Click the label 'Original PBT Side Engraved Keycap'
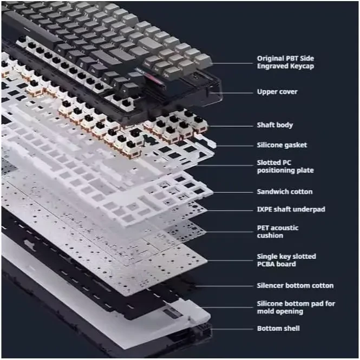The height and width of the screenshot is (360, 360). [285, 62]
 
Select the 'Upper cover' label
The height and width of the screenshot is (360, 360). [277, 91]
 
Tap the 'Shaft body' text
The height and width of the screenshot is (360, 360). [274, 125]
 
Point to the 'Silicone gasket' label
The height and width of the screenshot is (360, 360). [282, 145]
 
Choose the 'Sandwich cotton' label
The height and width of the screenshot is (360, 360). [284, 192]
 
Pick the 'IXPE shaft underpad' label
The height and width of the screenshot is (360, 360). [291, 209]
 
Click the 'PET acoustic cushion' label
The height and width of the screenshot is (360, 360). [277, 232]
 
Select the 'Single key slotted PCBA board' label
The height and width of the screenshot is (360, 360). [286, 260]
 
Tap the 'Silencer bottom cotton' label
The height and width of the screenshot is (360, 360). [294, 285]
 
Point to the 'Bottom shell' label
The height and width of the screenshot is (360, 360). [278, 329]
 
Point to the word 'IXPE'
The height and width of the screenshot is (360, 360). [265, 209]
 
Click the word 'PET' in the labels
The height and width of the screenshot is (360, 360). [263, 228]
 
